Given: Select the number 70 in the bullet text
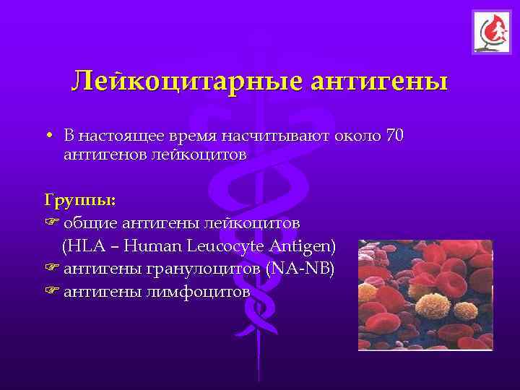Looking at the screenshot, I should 394,136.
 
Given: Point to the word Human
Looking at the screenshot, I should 153,246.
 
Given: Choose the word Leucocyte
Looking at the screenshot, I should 227,246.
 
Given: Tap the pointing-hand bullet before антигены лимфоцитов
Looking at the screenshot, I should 52,292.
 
